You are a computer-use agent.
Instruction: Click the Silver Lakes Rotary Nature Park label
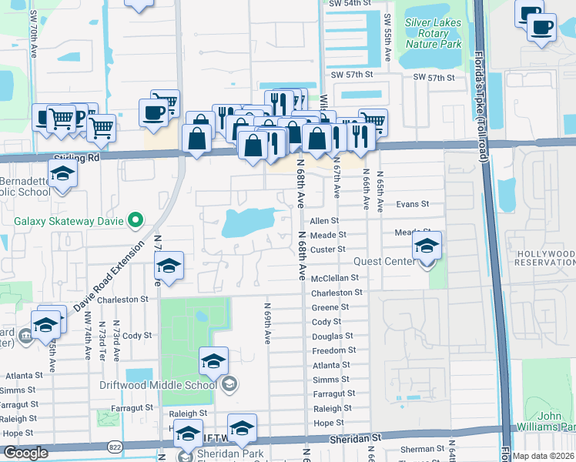click(433, 34)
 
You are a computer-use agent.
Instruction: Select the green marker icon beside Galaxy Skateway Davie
click(136, 221)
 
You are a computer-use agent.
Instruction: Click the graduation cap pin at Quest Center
click(426, 247)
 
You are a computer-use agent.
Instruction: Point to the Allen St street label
click(324, 220)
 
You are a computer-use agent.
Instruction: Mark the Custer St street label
click(327, 249)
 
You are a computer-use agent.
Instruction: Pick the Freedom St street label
click(333, 350)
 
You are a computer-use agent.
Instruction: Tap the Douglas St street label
click(332, 336)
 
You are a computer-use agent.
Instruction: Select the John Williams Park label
click(556, 422)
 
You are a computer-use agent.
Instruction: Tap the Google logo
click(25, 453)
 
